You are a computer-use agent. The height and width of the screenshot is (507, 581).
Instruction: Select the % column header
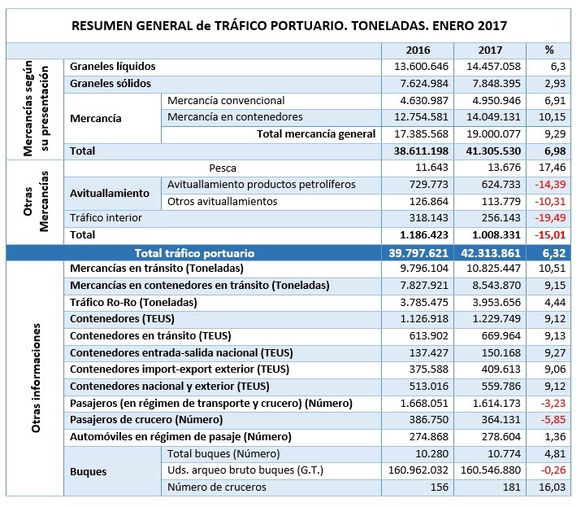549,50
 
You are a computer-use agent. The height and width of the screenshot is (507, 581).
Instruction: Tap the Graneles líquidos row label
113,66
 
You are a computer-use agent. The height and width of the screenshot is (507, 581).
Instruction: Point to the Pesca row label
223,168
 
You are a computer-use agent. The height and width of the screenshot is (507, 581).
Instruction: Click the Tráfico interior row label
106,218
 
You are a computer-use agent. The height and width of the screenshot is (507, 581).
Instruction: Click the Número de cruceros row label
217,487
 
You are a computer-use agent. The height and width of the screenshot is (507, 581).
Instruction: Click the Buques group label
88,470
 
